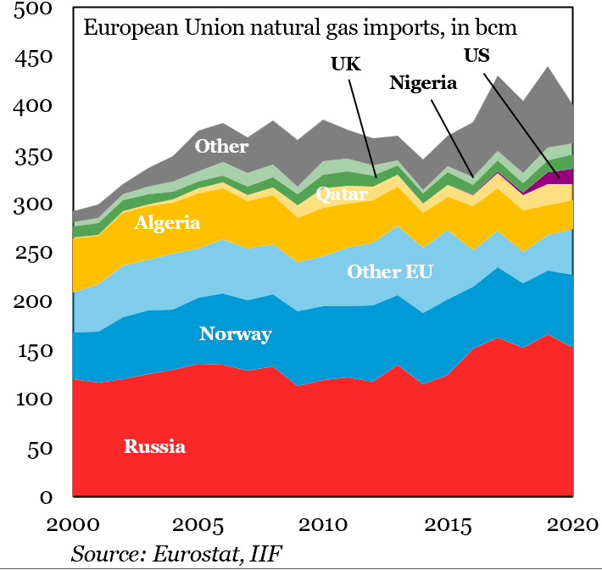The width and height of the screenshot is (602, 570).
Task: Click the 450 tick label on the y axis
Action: tap(33, 58)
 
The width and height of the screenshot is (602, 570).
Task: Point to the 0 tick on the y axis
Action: tap(46, 497)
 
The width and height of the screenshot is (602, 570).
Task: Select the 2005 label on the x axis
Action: tap(198, 525)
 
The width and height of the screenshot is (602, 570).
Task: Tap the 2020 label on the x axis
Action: tap(572, 525)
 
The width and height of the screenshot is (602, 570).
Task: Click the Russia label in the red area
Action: tap(154, 446)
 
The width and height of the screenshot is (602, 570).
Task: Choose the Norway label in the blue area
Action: tap(236, 334)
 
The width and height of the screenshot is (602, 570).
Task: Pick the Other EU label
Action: tap(390, 271)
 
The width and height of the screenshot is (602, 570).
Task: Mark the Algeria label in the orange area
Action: tap(167, 223)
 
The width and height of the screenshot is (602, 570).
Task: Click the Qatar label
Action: tap(342, 194)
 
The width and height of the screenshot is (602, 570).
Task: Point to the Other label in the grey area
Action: tap(221, 146)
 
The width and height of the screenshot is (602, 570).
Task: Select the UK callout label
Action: tap(346, 64)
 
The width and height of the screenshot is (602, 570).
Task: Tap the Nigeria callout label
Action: tap(423, 83)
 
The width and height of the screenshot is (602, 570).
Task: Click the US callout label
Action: tap(477, 55)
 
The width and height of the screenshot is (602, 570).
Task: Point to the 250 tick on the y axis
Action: tap(33, 253)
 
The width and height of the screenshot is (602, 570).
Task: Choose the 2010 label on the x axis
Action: tap(323, 525)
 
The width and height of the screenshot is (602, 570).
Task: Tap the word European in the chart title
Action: tap(131, 29)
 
